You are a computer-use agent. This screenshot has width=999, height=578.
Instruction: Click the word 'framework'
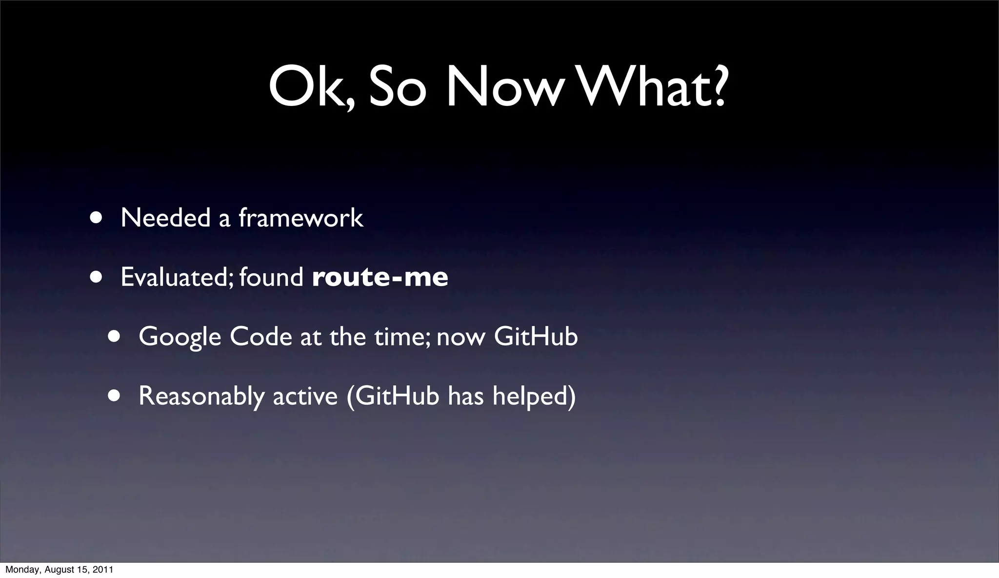tap(301, 218)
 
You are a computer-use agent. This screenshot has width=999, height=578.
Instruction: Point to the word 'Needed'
tap(165, 218)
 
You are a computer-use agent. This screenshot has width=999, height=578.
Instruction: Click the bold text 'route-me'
tap(380, 277)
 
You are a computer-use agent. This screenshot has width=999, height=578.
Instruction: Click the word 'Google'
tap(180, 337)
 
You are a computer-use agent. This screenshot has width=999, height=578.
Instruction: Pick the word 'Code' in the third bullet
tap(260, 336)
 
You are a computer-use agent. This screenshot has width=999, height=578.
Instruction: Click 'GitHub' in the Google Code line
tap(536, 336)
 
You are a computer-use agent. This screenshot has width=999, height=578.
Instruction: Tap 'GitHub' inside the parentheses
tap(397, 395)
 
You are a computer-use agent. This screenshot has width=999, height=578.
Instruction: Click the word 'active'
tap(305, 396)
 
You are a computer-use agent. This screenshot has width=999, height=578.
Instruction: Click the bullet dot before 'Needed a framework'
tap(96, 217)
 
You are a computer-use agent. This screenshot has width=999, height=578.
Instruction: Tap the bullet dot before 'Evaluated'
tap(96, 277)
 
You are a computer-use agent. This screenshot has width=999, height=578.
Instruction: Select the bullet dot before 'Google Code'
tap(114, 336)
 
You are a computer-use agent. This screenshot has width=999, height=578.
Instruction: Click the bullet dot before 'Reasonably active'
tap(114, 395)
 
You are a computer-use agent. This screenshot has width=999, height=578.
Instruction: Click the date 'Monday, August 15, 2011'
tap(59, 570)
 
